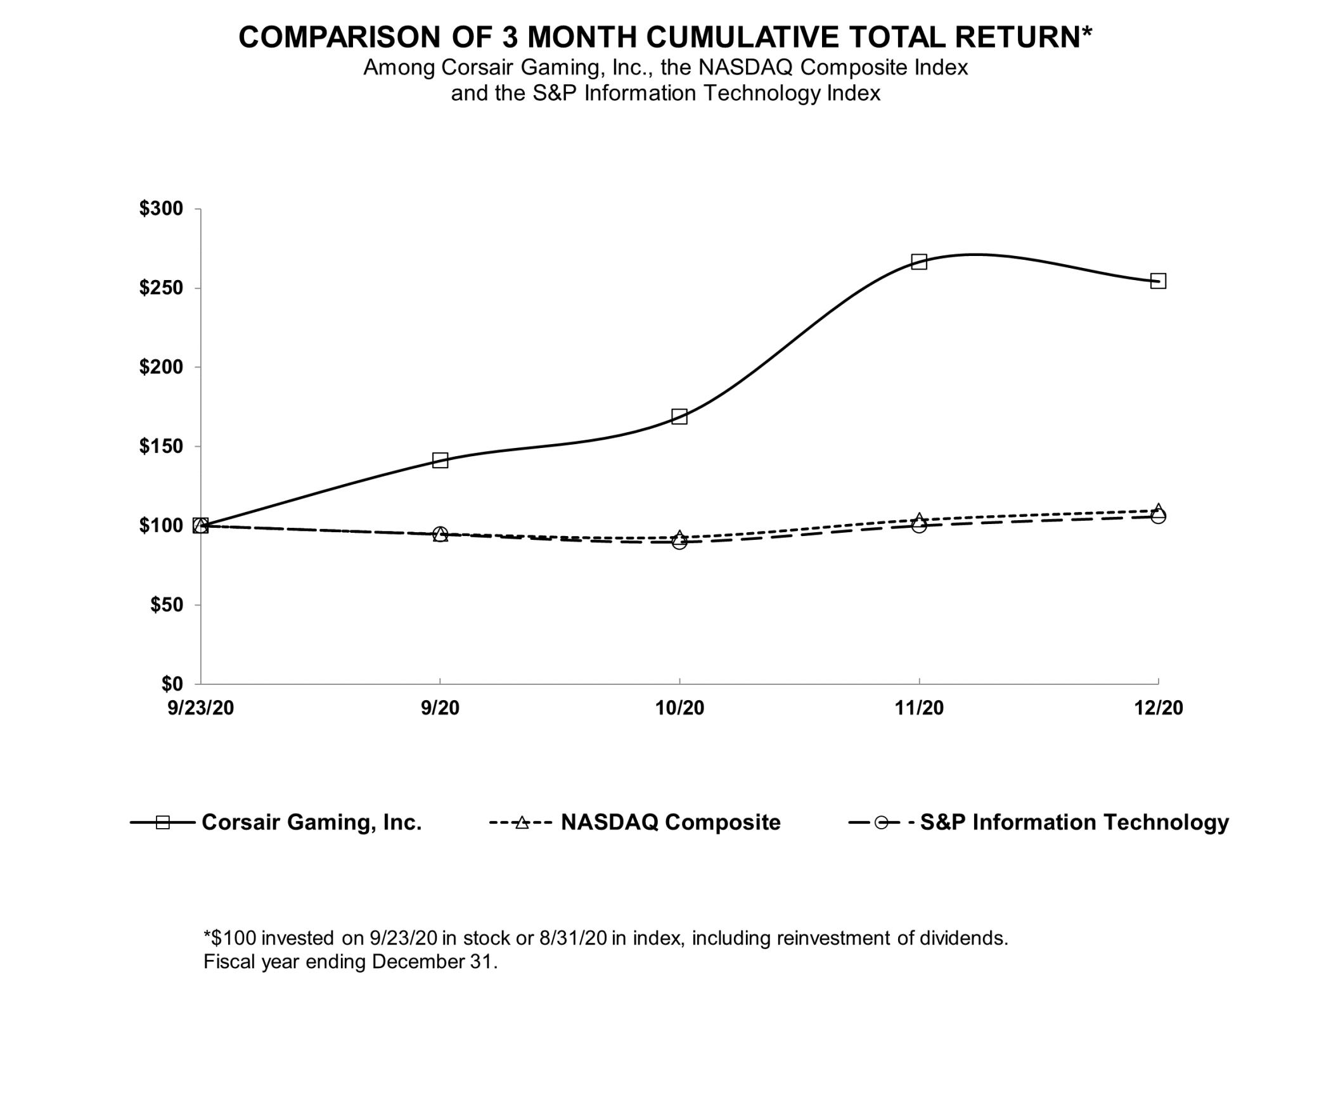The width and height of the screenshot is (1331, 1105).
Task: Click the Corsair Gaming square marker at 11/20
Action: [x=919, y=262]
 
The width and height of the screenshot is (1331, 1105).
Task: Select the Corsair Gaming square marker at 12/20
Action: [x=1158, y=281]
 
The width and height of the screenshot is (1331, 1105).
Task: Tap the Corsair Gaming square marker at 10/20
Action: [x=679, y=416]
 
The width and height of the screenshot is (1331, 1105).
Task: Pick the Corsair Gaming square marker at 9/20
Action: [x=440, y=460]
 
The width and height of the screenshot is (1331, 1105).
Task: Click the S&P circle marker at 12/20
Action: [x=1158, y=516]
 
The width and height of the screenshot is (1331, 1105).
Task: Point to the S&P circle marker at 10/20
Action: [x=679, y=542]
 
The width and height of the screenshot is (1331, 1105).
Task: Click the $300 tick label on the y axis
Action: [x=161, y=208]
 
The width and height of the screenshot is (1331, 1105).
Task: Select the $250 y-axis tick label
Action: [x=161, y=288]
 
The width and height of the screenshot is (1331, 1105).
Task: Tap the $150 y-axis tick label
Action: [x=161, y=446]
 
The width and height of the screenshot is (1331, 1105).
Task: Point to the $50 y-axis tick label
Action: [x=166, y=604]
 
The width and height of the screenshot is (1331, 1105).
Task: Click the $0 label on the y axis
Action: [x=172, y=684]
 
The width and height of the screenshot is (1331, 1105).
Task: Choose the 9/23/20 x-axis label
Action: [x=200, y=708]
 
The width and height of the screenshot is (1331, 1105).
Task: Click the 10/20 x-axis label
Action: [x=679, y=708]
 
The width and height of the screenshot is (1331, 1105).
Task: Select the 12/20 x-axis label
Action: [x=1158, y=708]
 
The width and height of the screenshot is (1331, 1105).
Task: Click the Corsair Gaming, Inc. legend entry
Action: [x=311, y=822]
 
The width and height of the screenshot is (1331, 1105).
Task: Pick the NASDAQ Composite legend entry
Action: [x=671, y=822]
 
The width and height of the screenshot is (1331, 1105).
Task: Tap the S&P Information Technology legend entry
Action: [x=1074, y=822]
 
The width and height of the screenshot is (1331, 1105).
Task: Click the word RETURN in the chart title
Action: [x=1023, y=37]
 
